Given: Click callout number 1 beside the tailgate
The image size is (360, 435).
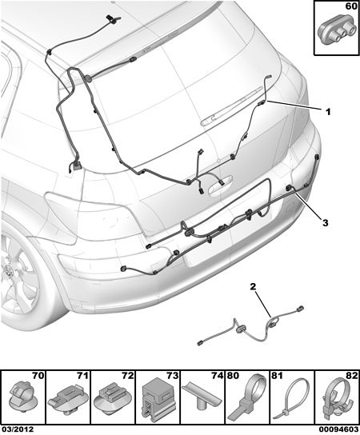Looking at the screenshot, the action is (328, 112).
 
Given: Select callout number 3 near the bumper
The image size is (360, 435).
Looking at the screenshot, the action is (325, 222).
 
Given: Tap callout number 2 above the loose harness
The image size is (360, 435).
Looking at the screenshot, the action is (253, 286).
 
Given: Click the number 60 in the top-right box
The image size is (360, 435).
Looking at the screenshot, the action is (351, 6).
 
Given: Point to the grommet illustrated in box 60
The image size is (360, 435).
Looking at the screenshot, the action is (337, 32).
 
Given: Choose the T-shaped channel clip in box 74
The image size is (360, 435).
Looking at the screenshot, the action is (202, 393).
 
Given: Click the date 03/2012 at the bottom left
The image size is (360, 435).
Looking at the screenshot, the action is (18, 430).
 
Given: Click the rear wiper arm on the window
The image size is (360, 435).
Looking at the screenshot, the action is (232, 106).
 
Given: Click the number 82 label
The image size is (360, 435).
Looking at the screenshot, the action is (351, 376).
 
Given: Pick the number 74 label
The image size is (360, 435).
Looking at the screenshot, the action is (217, 376).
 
